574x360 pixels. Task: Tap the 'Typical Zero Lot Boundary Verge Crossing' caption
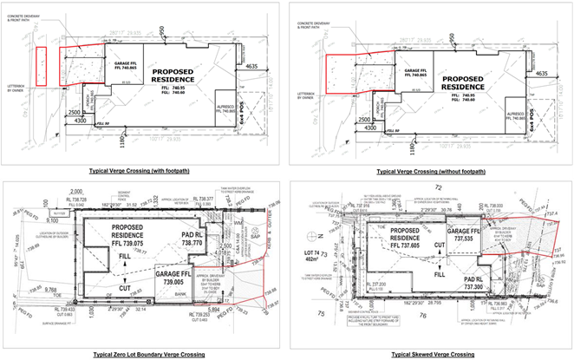[145, 354]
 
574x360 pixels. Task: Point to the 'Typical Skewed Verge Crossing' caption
[434, 354]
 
